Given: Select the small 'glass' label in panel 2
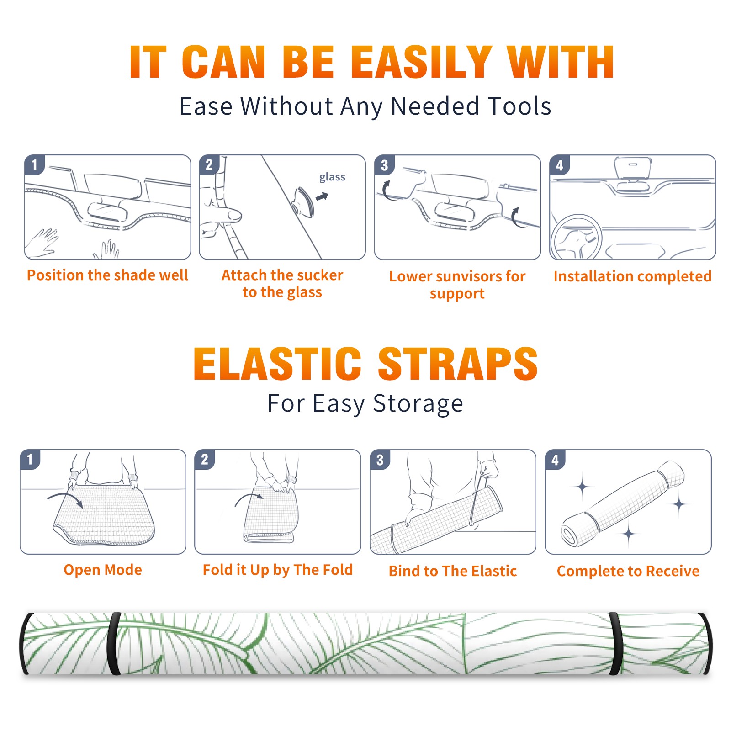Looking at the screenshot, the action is pyautogui.click(x=332, y=177).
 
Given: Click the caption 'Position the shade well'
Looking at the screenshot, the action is pyautogui.click(x=107, y=275).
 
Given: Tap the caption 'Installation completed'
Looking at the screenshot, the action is pyautogui.click(x=632, y=276).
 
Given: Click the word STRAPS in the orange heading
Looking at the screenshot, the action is pyautogui.click(x=458, y=364).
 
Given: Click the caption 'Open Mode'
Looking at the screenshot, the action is pyautogui.click(x=103, y=570).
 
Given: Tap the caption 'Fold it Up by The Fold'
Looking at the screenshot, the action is pyautogui.click(x=278, y=570).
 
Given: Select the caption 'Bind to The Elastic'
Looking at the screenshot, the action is pyautogui.click(x=453, y=571).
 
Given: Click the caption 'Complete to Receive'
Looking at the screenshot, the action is pyautogui.click(x=628, y=572).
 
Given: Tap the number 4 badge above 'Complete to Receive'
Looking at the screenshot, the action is pyautogui.click(x=555, y=460).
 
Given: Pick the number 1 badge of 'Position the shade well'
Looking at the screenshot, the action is pyautogui.click(x=34, y=164).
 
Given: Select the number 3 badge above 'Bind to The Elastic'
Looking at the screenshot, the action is pyautogui.click(x=380, y=460).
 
